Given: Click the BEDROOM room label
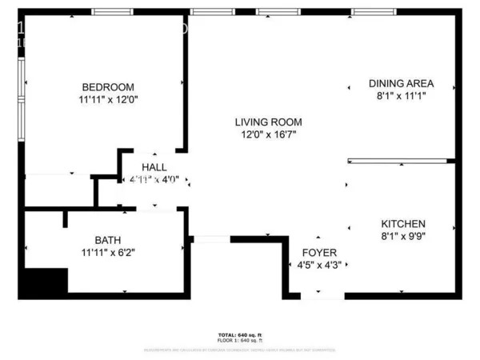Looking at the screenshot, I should (107, 87).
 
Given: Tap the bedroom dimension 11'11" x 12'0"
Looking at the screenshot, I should (107, 101).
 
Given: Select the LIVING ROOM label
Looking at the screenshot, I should (268, 122).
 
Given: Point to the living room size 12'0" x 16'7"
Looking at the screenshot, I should (268, 134).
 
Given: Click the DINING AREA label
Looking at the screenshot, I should (401, 83).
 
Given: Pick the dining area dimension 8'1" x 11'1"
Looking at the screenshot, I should (401, 96).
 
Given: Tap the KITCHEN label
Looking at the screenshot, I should (402, 224).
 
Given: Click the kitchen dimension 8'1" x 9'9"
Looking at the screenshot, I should (402, 237).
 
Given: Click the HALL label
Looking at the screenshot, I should (154, 167).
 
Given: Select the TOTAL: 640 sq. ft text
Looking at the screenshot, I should (239, 334).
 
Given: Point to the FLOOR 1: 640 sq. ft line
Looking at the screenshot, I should (239, 341).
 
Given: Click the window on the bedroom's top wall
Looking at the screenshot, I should (112, 12).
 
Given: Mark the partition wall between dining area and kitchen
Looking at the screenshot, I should (400, 161).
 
